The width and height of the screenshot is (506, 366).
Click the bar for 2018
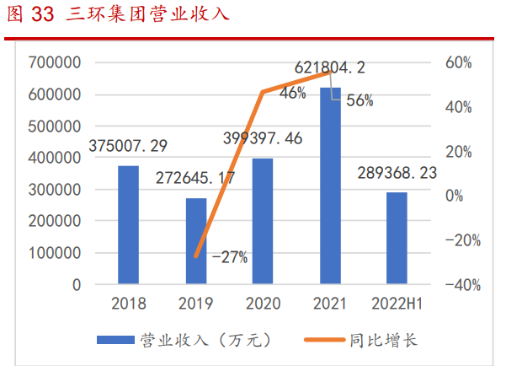pyautogui.click(x=128, y=225)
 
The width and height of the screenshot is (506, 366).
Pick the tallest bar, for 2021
pyautogui.click(x=330, y=186)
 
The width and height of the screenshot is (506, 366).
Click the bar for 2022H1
pyautogui.click(x=397, y=239)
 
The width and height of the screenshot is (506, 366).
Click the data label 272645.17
pyautogui.click(x=194, y=179)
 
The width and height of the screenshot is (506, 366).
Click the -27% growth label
pyautogui.click(x=230, y=257)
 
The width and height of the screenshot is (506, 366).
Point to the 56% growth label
pyautogui.click(x=360, y=100)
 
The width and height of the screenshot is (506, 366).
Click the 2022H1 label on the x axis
pyautogui.click(x=397, y=304)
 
